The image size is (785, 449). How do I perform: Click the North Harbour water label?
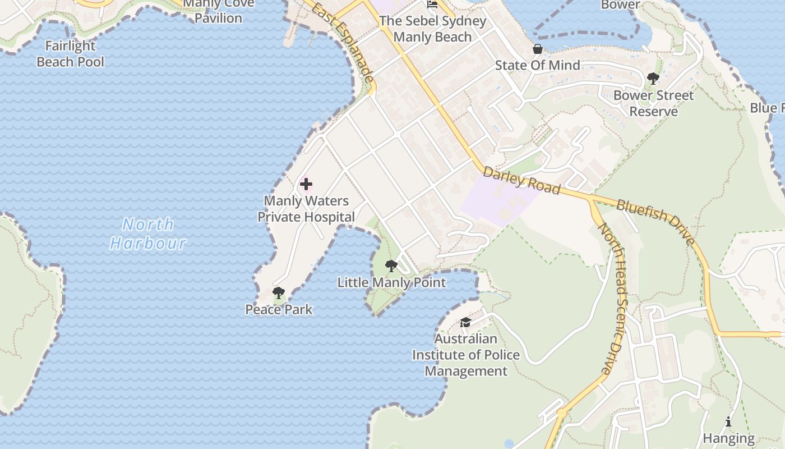(x=149, y=233)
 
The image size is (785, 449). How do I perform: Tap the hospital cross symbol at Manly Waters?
(x=306, y=184)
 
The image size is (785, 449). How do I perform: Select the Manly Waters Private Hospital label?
(x=306, y=209)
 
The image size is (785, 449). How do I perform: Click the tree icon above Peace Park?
(x=278, y=292)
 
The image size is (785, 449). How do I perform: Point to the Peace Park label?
(x=279, y=309)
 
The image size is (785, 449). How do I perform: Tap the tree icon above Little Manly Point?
(x=391, y=265)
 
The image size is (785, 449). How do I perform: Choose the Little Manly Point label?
(x=391, y=282)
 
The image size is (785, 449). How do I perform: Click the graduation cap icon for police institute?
(x=465, y=322)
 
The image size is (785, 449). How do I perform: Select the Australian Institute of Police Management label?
(x=465, y=355)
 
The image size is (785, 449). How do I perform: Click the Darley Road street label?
(x=521, y=180)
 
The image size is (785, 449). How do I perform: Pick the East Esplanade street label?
(x=343, y=43)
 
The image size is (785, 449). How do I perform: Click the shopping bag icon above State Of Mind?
(x=537, y=49)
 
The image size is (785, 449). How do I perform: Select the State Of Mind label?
(x=537, y=65)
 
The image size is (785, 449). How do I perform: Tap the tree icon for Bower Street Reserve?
(x=653, y=79)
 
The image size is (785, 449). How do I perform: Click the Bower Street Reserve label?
(x=653, y=103)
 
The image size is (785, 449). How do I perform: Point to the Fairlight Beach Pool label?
(x=71, y=54)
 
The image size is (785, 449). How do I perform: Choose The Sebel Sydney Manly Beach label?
(x=432, y=29)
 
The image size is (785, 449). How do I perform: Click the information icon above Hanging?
(x=728, y=421)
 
